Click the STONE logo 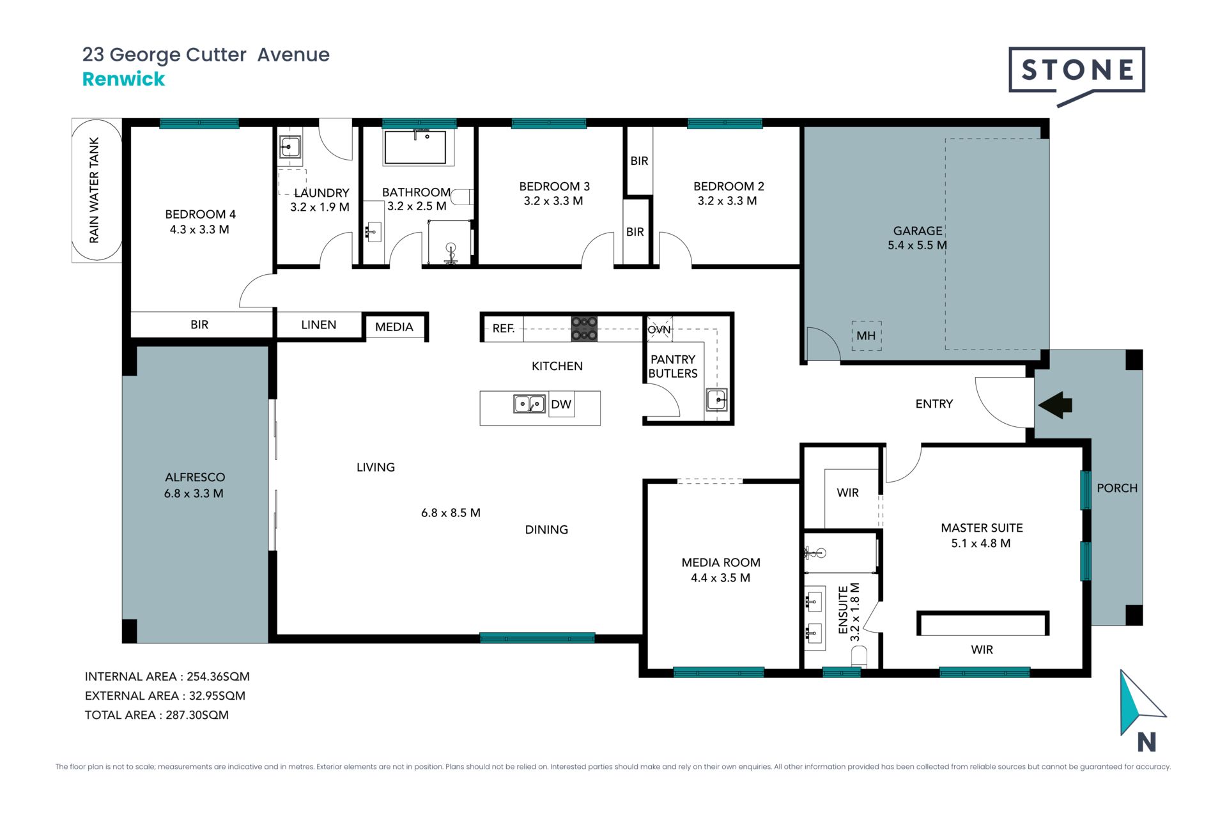coord(1077,74)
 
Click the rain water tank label coord(95,190)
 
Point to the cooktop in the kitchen coord(584,328)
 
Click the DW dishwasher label coord(561,404)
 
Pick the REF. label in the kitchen coord(504,328)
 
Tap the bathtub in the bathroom coord(415,148)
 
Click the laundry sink coord(289,148)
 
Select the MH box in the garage coord(866,336)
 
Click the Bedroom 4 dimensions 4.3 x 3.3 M coord(199,229)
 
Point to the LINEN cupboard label coord(318,325)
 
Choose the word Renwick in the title coord(123,79)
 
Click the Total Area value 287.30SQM coord(197,715)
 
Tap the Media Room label coord(721,562)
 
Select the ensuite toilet coord(859,656)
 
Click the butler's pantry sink coord(716,399)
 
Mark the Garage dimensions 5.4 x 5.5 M coord(917,245)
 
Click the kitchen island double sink coord(530,404)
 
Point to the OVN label coord(659,330)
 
